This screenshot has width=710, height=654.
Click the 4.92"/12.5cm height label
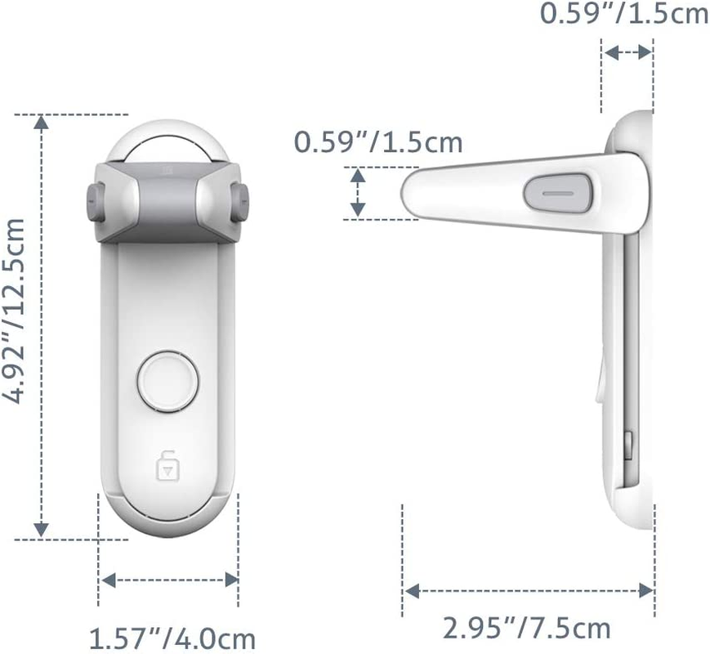pos(18,326)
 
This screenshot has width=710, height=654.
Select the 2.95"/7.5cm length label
pos(527,629)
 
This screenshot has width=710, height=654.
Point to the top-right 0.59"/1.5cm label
pos(624,14)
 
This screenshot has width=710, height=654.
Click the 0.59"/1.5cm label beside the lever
pos(378,142)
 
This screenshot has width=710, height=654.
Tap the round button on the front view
pos(168,380)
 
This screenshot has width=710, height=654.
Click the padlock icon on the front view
pos(167,468)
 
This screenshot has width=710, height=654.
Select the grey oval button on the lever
pos(557,190)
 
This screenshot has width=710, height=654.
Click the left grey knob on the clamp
pos(94,201)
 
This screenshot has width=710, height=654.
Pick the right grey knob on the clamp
pos(240,201)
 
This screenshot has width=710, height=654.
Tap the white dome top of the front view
pos(168,139)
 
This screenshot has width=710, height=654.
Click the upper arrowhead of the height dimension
pos(41,123)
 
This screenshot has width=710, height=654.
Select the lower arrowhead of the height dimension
pos(41,530)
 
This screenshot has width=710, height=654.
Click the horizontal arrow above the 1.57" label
pos(168,580)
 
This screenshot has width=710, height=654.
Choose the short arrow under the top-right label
pos(627,52)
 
